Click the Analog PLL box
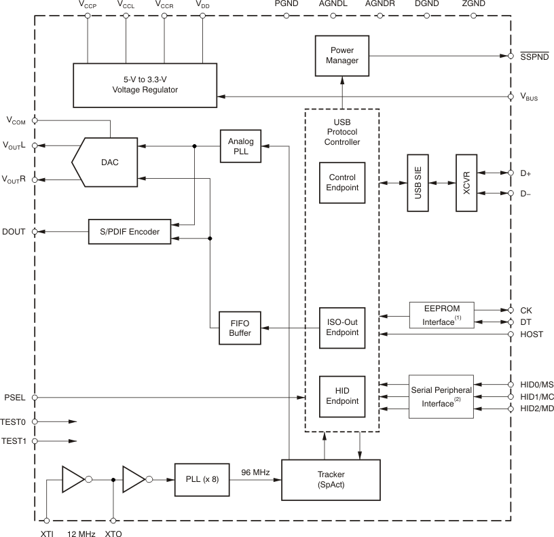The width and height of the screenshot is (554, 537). pos(240,146)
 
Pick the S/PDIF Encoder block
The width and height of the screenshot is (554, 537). pos(130,232)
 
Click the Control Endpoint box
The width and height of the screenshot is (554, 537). pos(341,183)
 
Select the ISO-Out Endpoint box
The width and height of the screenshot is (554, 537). pos(341,328)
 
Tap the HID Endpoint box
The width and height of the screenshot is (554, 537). pos(341,397)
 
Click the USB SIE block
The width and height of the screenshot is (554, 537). pos(418,184)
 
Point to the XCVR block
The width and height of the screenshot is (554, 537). pos(466,184)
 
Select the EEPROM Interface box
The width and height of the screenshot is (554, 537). pos(441,315)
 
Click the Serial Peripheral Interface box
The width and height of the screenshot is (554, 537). pos(441,397)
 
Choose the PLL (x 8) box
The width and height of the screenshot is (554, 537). pos(202,479)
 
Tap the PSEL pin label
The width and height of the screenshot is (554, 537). pos(15,397)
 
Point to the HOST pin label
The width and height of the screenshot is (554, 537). pos(532,334)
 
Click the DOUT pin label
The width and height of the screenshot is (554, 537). pos(14,231)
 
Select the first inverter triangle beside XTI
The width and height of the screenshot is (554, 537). pos(72,479)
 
